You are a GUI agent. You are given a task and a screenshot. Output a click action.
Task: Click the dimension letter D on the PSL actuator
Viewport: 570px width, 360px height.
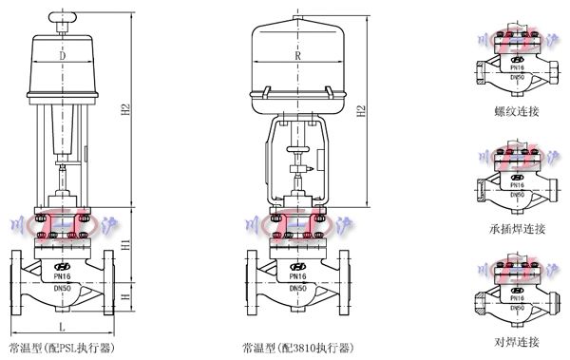pyautogui.click(x=63, y=57)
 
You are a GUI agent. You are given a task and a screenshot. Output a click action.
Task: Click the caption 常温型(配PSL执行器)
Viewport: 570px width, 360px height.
pyautogui.click(x=63, y=348)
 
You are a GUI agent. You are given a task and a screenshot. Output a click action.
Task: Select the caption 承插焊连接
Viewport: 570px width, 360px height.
pyautogui.click(x=517, y=229)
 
